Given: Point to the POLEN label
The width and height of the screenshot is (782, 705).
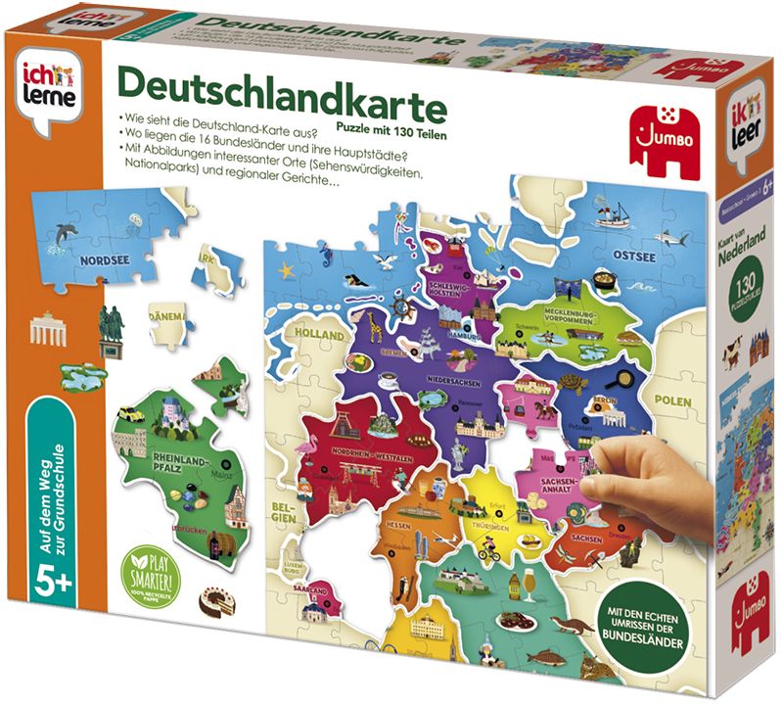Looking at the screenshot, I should (x=673, y=401).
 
